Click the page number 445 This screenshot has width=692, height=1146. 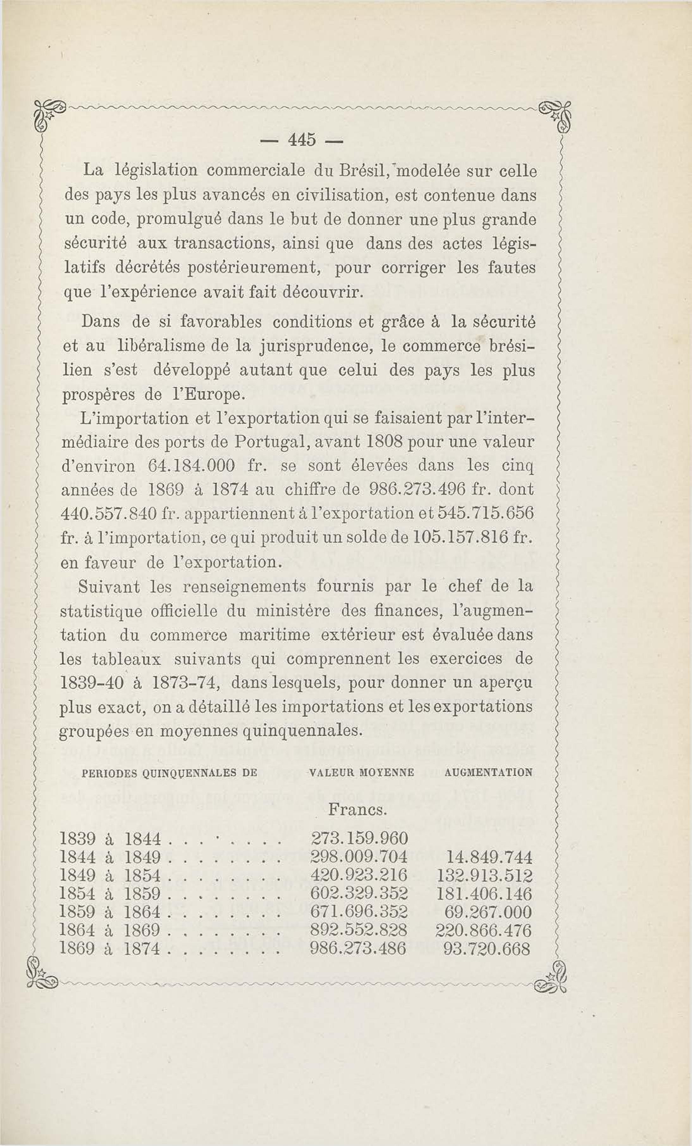(302, 140)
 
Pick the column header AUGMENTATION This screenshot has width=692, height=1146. (488, 773)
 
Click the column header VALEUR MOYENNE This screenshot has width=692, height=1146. (361, 773)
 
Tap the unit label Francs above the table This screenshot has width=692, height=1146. (357, 810)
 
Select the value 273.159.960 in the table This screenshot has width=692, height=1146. (359, 839)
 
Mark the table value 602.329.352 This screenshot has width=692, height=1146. (359, 894)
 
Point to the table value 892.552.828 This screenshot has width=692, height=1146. (359, 930)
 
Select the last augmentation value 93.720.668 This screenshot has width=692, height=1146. (487, 948)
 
